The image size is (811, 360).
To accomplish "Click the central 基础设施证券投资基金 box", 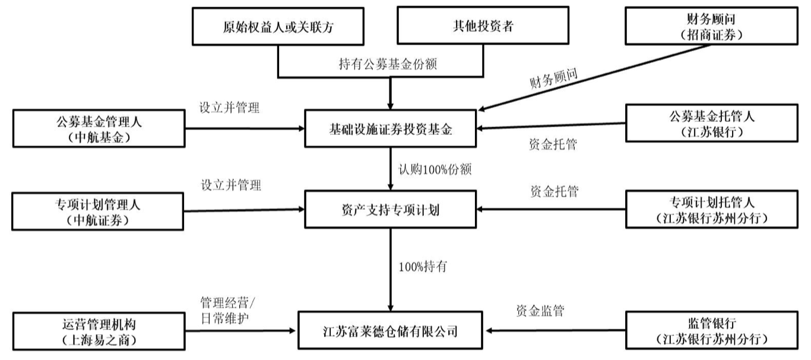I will click(x=390, y=128).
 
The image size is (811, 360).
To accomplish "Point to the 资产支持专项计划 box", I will click(x=390, y=209).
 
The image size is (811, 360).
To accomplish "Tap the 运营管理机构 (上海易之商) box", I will click(x=99, y=331).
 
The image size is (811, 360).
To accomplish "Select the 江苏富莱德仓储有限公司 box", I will click(x=390, y=329).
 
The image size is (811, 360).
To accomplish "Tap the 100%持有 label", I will click(x=422, y=266).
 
